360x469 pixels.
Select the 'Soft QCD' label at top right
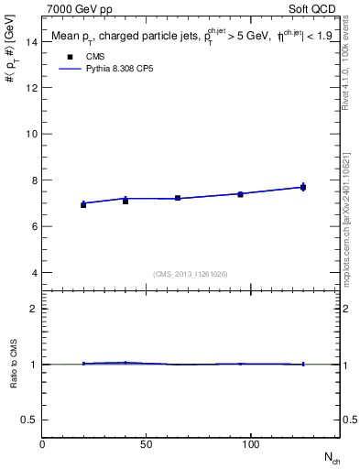[315, 8]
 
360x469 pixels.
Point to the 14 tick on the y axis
[31, 41]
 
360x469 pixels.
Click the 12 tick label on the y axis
[31, 88]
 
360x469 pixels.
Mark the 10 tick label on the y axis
[31, 134]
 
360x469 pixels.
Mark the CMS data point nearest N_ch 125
[303, 187]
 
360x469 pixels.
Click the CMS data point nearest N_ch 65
[178, 198]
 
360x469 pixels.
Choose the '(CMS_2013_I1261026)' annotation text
[191, 273]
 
